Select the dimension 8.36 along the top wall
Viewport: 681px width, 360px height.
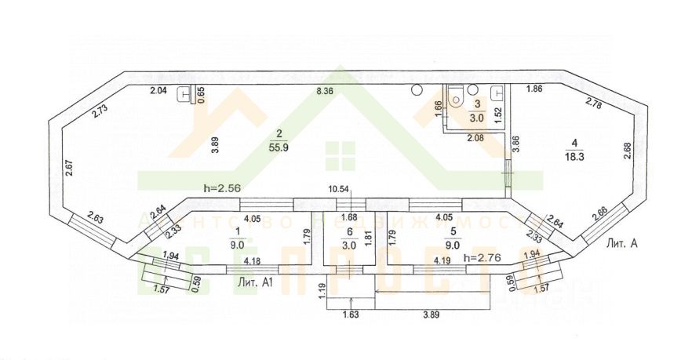[325, 91]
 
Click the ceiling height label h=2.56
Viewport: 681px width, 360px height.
[220, 189]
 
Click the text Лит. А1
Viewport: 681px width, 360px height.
[254, 280]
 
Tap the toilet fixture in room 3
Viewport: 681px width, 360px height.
[456, 99]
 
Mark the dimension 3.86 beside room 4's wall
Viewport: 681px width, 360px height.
[515, 144]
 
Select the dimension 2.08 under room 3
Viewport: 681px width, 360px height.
[476, 139]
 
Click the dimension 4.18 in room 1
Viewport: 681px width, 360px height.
[253, 260]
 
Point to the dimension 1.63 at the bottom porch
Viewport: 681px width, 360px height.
[350, 316]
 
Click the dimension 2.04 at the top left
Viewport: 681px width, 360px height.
[158, 91]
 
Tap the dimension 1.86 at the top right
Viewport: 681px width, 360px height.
[535, 88]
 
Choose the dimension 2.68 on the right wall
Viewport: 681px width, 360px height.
[626, 150]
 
